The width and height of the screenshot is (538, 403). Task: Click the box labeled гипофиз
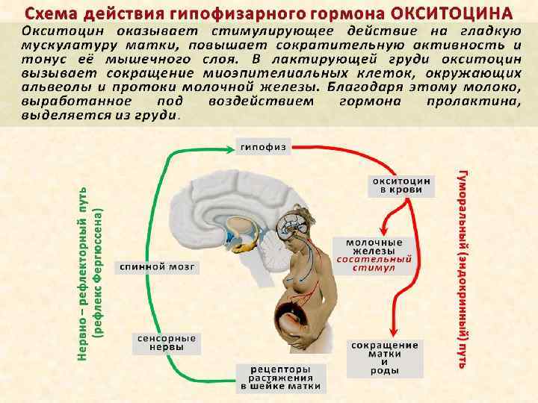(x=262, y=147)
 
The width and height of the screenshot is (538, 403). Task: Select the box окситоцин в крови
(x=402, y=185)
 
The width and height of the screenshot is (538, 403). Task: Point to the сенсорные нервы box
(x=166, y=343)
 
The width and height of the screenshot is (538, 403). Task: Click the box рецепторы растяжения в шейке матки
(x=279, y=378)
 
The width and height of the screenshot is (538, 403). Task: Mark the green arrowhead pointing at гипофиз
(x=232, y=148)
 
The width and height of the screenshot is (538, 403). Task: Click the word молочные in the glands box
(x=374, y=243)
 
